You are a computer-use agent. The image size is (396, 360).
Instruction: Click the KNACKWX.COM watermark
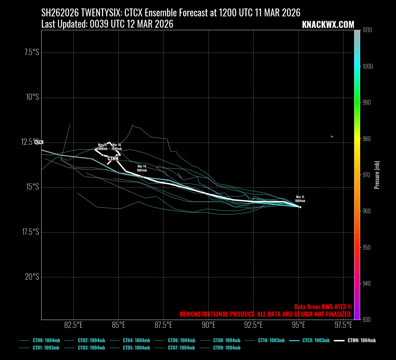pos(328,25)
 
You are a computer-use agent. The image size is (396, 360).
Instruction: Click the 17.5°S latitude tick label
pos(31,232)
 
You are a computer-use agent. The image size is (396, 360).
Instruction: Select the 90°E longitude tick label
pos(208,325)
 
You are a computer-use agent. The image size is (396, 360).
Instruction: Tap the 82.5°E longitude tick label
pos(73,325)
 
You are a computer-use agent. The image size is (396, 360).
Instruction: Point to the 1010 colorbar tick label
pos(367,30)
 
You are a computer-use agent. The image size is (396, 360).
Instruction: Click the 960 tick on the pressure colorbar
pos(367,211)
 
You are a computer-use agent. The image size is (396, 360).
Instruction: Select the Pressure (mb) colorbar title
pos(377,175)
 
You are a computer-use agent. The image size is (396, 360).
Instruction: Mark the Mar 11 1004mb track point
pos(300,207)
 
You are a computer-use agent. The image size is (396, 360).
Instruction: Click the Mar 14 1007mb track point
pos(142,177)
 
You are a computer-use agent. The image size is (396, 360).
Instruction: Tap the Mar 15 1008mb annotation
pos(102,147)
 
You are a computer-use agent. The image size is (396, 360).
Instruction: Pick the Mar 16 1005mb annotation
pos(117,147)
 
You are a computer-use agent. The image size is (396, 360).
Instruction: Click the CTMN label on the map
pos(113,159)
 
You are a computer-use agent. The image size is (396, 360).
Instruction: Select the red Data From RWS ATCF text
pos(323,307)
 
